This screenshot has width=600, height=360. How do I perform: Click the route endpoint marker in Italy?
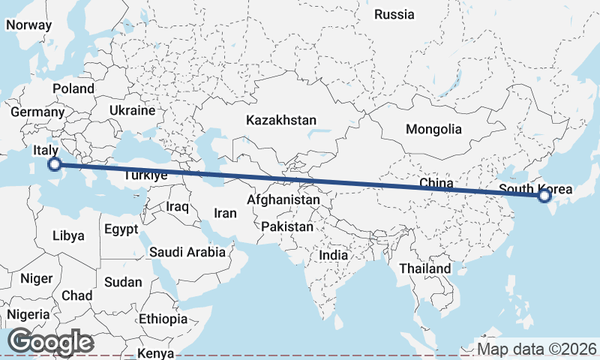[54, 164]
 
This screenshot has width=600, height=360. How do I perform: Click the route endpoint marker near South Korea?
[545, 196]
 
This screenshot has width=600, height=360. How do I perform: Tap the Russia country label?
[394, 14]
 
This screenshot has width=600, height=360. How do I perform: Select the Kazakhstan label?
[281, 120]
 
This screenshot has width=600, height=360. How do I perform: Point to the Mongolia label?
[433, 129]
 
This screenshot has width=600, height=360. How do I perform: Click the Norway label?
[28, 25]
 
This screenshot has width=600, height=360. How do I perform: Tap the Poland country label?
[73, 88]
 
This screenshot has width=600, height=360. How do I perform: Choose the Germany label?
[37, 112]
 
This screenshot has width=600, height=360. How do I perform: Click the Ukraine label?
[131, 110]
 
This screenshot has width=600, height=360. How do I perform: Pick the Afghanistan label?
[283, 201]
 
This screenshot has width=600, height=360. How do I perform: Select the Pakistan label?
[288, 226]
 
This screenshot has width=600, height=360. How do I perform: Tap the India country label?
[333, 255]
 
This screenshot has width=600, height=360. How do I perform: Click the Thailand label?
[425, 268]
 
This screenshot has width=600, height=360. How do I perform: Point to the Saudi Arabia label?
[187, 252]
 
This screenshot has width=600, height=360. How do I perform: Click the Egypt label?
[121, 229]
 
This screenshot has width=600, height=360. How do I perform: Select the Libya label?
[68, 235]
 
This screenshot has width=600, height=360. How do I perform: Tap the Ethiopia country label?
[163, 319]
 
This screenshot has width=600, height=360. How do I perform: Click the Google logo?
[51, 342]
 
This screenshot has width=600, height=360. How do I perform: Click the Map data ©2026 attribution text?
[537, 349]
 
